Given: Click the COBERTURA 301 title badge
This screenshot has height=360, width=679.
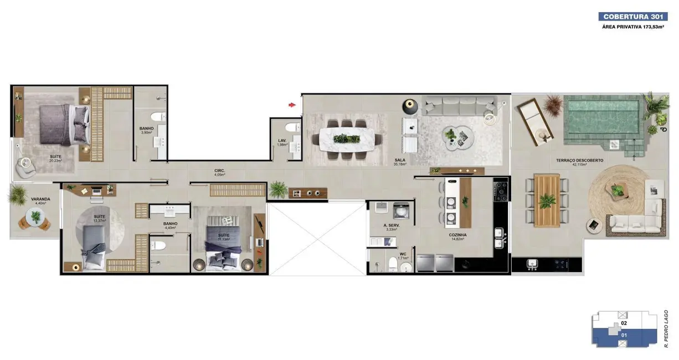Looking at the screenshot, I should click(633, 17).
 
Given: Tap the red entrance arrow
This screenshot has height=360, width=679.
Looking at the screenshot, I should click(292, 104).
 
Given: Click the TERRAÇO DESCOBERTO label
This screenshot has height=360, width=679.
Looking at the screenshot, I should click(579, 161).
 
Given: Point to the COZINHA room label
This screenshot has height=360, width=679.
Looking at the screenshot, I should click(457, 235).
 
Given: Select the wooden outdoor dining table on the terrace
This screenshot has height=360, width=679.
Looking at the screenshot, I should click(547, 200).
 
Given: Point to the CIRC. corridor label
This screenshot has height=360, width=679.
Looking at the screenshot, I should click(219, 171).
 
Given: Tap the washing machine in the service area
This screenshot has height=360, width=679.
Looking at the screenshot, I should click(400, 210).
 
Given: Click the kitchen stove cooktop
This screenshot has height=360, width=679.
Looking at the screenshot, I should click(501, 191).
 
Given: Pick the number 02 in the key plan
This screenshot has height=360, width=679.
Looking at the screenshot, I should click(624, 322).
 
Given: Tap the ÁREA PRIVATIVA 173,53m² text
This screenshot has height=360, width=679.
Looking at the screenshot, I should click(633, 27).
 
